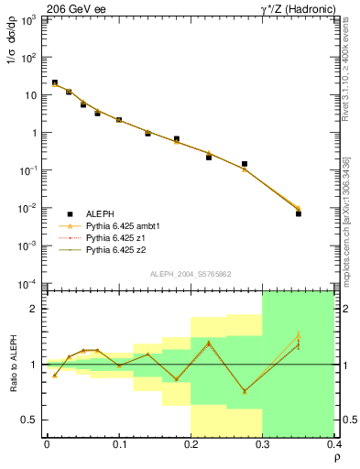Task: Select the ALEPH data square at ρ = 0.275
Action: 245,164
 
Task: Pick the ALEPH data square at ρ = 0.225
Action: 209,158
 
